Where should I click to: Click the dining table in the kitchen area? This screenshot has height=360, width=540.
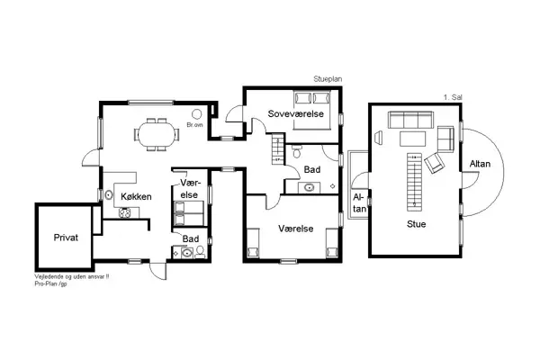(x=157, y=133)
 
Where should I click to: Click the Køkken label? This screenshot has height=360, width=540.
(x=134, y=196)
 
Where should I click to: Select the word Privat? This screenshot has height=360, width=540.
(x=66, y=238)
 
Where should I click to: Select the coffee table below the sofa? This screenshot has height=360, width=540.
(x=413, y=138)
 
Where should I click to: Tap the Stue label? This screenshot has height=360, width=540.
(x=416, y=223)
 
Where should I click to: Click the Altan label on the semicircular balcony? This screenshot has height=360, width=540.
(x=480, y=164)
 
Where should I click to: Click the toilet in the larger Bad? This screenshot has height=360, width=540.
(x=297, y=154)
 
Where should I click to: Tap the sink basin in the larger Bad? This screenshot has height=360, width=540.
(x=310, y=187)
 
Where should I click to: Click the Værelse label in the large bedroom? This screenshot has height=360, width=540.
(x=295, y=229)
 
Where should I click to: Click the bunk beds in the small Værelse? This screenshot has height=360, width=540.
(x=190, y=213)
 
